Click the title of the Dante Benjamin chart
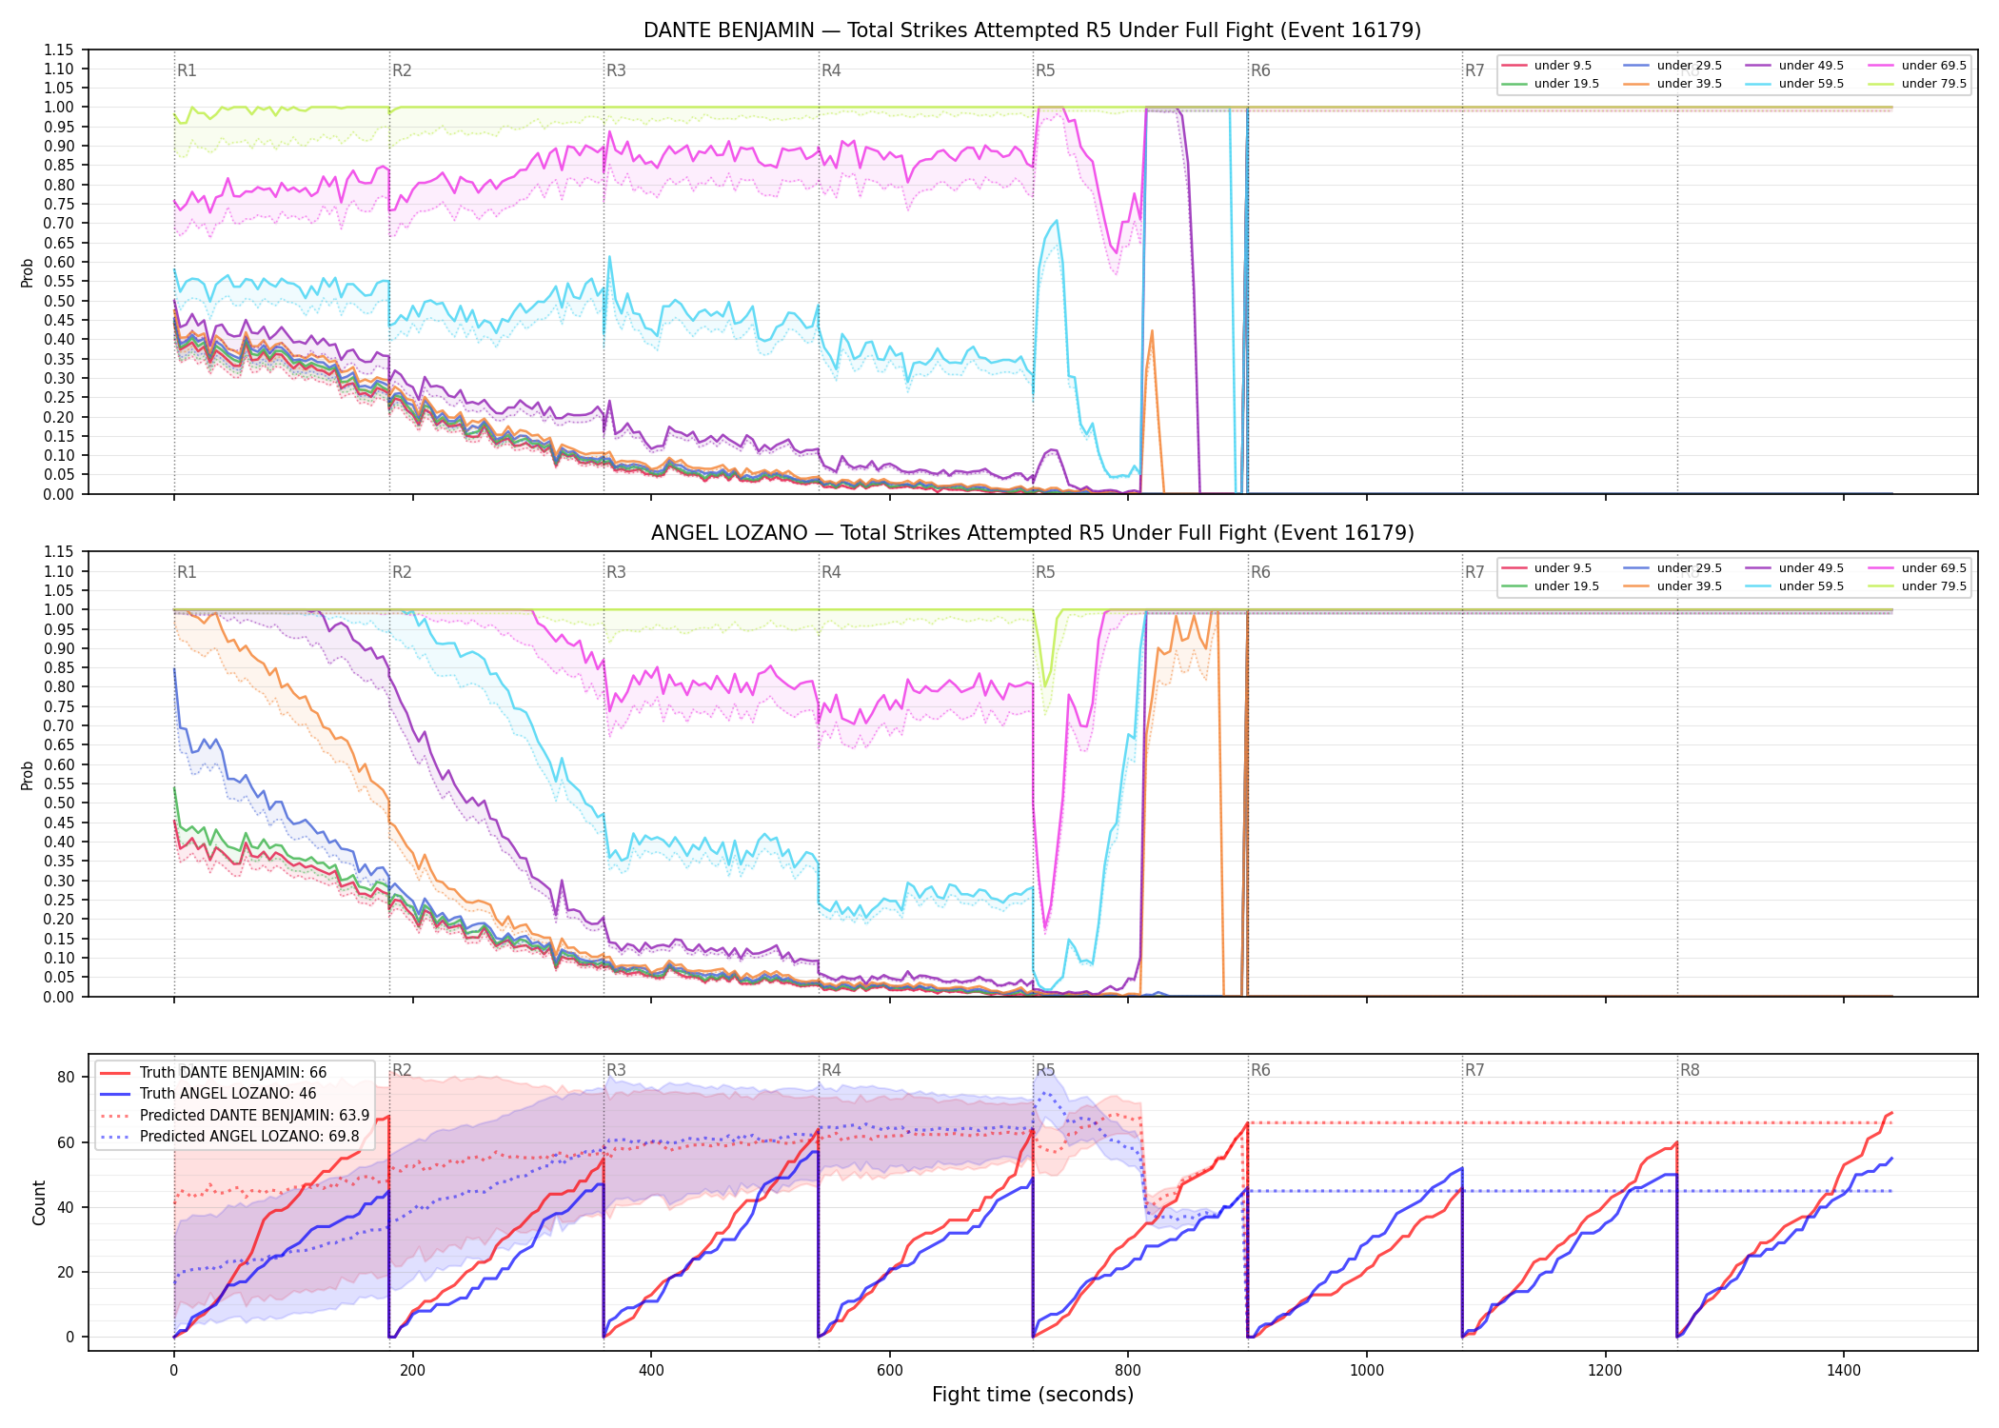click(1032, 30)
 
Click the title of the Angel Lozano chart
click(1032, 533)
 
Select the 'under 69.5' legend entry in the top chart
click(1918, 66)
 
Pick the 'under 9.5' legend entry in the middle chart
click(1547, 568)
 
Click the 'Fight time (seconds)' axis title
click(1033, 1395)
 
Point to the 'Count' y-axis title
click(39, 1202)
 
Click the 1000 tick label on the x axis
click(1367, 1371)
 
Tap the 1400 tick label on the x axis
click(1844, 1371)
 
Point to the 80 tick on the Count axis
click(66, 1078)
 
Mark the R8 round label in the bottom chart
click(1690, 1070)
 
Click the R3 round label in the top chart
click(616, 70)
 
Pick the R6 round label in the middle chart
click(1260, 572)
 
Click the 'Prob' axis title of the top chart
click(28, 272)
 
